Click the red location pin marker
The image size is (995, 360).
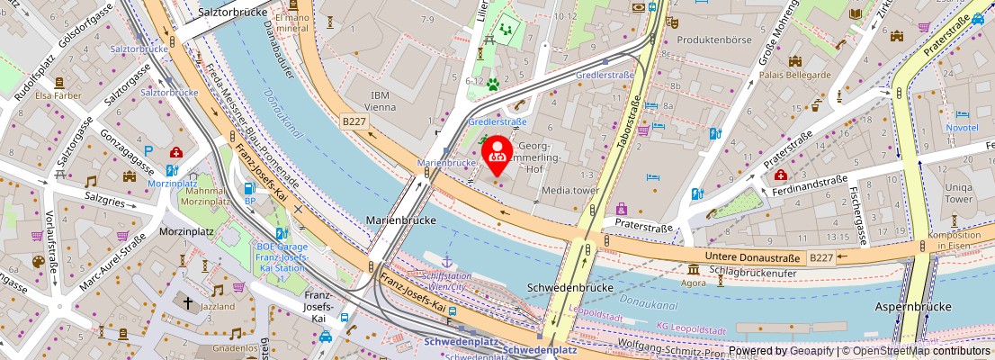(497, 155)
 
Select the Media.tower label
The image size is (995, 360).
(569, 191)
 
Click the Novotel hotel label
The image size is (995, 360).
(962, 128)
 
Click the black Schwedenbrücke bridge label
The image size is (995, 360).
(569, 287)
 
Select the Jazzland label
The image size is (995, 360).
(217, 306)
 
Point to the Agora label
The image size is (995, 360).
(694, 282)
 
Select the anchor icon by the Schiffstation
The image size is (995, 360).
(445, 260)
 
